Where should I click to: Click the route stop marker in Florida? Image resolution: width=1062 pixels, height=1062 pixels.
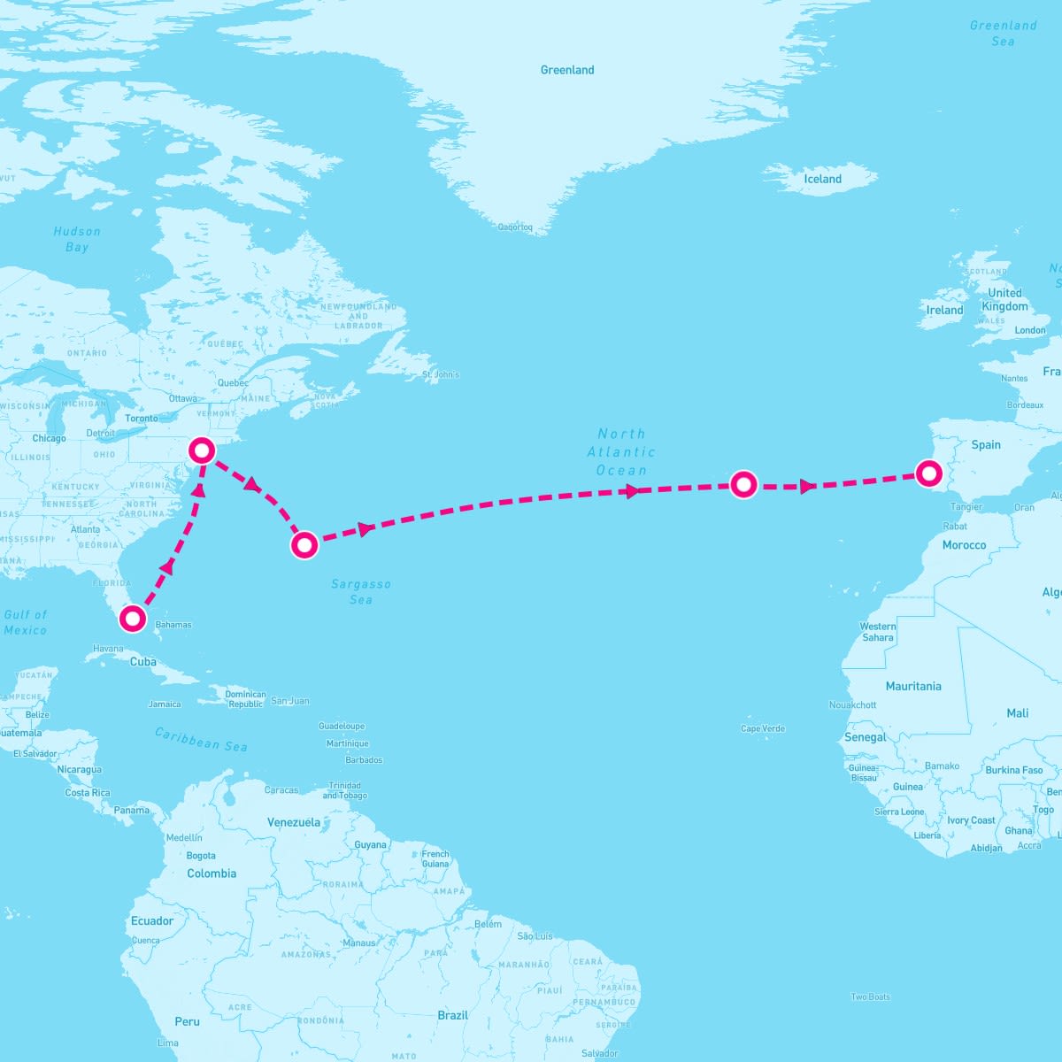click(x=132, y=618)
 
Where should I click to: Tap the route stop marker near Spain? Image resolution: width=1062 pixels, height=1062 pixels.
click(x=927, y=473)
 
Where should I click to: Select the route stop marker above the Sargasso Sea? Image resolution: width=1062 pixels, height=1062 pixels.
click(x=304, y=544)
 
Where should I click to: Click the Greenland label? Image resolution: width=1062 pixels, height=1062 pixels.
click(x=567, y=70)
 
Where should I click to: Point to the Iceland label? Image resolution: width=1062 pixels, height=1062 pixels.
click(x=822, y=179)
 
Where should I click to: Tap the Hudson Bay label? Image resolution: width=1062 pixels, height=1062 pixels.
click(x=77, y=239)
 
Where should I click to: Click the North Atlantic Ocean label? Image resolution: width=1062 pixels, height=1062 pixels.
click(x=621, y=451)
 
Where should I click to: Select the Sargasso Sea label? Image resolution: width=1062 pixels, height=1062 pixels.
click(x=361, y=591)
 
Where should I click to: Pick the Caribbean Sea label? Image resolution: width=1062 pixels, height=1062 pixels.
click(x=201, y=739)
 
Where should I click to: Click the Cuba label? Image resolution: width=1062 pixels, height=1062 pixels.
click(x=143, y=661)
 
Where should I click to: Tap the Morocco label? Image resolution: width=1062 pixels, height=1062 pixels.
click(x=964, y=545)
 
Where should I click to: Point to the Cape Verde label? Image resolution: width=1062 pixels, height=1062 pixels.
click(x=763, y=728)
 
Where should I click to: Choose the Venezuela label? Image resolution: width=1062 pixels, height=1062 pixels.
click(x=294, y=822)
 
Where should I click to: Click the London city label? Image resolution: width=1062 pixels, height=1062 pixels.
click(x=1030, y=330)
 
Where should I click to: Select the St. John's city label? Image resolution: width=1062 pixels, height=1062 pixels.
click(x=441, y=374)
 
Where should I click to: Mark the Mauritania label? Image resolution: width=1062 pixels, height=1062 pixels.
click(x=913, y=686)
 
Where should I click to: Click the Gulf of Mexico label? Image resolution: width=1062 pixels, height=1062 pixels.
click(x=26, y=622)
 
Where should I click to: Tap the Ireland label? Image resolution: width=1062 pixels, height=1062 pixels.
click(x=944, y=311)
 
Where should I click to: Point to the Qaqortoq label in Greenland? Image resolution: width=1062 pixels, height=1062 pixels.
click(x=515, y=227)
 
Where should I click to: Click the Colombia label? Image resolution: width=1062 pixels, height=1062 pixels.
click(x=212, y=873)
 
